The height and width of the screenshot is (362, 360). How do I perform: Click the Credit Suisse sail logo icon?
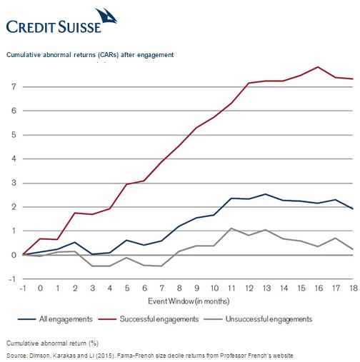click(106, 16)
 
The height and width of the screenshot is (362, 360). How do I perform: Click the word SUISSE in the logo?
click(80, 26)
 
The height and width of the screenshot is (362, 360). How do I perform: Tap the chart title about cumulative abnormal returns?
click(90, 55)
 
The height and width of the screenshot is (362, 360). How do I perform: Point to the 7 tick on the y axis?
click(14, 86)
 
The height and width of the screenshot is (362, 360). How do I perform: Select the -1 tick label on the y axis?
click(12, 279)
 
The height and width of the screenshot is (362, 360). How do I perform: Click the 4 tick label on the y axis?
click(14, 159)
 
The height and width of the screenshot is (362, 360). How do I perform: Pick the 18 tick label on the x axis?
click(354, 288)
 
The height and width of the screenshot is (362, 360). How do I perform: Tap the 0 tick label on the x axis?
click(40, 288)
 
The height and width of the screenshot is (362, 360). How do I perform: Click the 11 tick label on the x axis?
click(231, 288)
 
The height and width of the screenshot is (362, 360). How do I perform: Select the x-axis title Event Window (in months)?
click(189, 301)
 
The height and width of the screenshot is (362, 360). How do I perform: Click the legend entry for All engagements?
click(55, 319)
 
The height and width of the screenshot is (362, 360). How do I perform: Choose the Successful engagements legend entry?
click(149, 319)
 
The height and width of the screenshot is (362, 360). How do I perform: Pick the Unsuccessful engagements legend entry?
click(258, 319)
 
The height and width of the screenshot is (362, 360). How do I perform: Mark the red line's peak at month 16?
click(318, 67)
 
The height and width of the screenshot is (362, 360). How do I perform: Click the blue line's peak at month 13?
click(266, 194)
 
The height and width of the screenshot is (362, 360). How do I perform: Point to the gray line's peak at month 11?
click(231, 228)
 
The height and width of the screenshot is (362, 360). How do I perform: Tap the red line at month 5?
click(127, 184)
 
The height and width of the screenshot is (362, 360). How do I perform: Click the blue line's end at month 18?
click(353, 208)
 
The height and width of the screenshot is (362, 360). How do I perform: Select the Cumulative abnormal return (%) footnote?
click(52, 343)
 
